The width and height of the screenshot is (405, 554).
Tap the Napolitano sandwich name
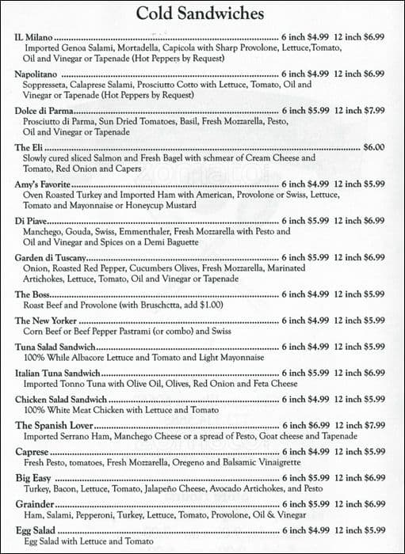(37, 74)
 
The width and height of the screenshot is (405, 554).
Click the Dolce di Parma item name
(44, 111)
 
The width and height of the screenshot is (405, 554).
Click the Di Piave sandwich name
(31, 221)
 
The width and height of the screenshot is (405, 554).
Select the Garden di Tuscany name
(50, 257)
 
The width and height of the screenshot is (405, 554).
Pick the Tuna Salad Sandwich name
(55, 347)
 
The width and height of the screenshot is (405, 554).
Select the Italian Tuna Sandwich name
(57, 373)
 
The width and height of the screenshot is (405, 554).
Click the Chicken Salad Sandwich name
(60, 399)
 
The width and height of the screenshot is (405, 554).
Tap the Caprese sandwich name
(32, 451)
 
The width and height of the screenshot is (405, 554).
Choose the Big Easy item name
(33, 478)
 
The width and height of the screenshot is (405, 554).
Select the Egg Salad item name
(34, 530)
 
